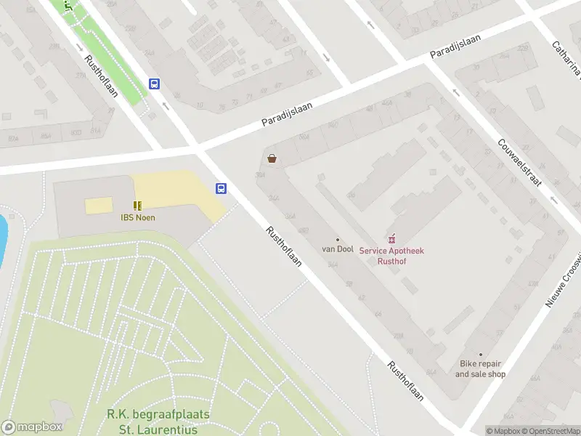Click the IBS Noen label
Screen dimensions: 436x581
point(137,217)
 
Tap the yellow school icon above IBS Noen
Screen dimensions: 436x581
point(137,206)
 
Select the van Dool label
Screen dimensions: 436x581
point(338,249)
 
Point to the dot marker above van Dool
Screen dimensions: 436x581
point(338,239)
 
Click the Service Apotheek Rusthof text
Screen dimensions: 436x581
point(391,256)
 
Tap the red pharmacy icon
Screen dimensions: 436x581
point(393,238)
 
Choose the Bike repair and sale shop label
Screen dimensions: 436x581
point(480,369)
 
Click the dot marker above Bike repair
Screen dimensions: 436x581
point(480,355)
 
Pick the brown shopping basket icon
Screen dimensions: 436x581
point(272,158)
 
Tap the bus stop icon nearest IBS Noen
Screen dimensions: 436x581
point(221,189)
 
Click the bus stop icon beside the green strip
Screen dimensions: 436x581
point(154,84)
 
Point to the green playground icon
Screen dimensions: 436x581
point(68,5)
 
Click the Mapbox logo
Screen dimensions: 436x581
point(32,427)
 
